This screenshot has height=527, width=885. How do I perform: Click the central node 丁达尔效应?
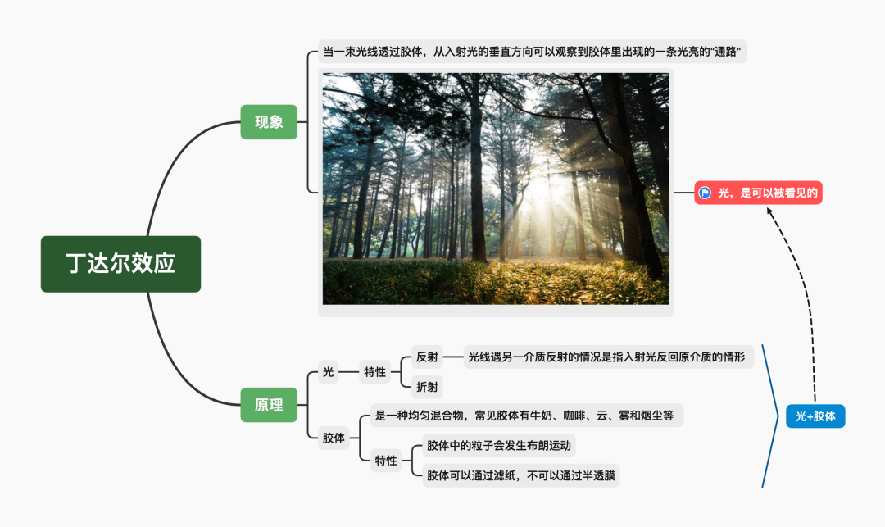coord(120,264)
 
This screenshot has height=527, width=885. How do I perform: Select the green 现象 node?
coord(269,122)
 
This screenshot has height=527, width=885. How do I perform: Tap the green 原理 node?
coord(269,405)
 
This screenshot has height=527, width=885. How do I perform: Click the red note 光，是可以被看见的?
coord(758,193)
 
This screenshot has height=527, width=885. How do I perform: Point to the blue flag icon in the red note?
coord(705,193)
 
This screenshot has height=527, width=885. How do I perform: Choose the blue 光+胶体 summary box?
coord(815,416)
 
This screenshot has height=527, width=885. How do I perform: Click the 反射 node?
coord(428,357)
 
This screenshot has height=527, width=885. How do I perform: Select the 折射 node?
coord(428,385)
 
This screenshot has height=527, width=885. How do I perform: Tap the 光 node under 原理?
coord(329,372)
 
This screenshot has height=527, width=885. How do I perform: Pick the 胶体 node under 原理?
coord(333,438)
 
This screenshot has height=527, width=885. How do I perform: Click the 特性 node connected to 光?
coord(374,372)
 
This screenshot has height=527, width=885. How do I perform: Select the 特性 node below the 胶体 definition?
coord(385,461)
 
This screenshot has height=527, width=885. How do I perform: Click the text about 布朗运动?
coord(498,446)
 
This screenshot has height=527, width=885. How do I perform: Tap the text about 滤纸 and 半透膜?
coord(520,476)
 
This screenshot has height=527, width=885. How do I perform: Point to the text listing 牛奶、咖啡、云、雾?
coord(524,416)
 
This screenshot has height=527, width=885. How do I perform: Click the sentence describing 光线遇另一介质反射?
coord(607,357)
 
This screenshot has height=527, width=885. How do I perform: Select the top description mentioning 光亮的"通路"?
coord(532,52)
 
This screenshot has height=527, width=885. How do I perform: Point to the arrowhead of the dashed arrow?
coord(769,211)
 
